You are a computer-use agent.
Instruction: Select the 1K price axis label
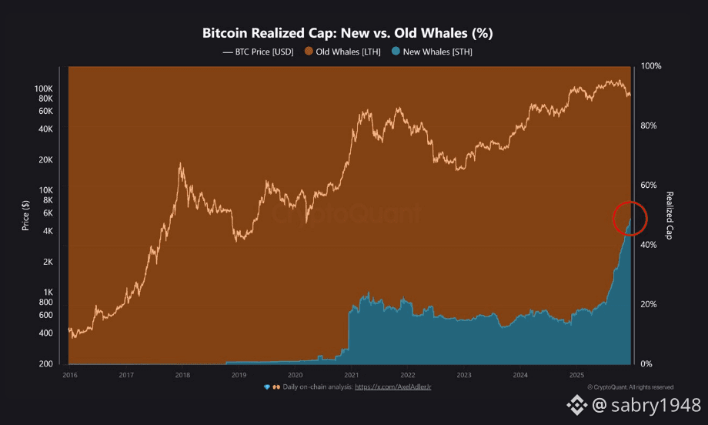(x=47, y=293)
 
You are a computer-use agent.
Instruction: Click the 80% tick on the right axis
(x=652, y=125)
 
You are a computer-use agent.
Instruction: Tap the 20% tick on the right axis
(x=652, y=304)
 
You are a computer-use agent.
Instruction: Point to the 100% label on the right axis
(x=653, y=66)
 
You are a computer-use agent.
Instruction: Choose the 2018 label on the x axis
(x=182, y=375)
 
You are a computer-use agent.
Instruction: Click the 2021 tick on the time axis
(x=352, y=375)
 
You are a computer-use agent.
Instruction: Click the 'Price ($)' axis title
(x=26, y=215)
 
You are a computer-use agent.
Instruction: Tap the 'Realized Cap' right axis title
(x=670, y=215)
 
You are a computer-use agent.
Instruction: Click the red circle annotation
(x=630, y=218)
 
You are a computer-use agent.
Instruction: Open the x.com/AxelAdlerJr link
(x=392, y=387)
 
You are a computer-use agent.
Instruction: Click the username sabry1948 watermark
(x=652, y=405)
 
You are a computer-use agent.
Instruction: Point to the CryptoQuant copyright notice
(x=630, y=387)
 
